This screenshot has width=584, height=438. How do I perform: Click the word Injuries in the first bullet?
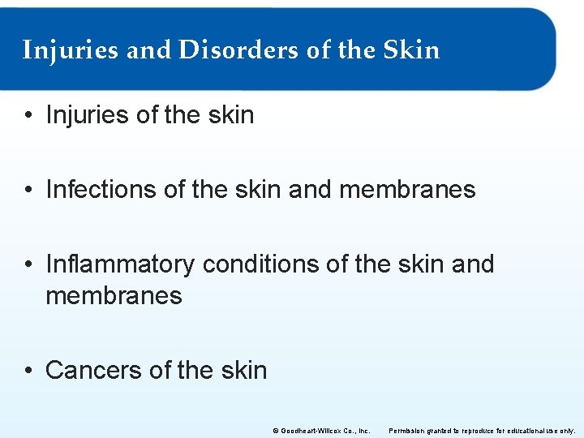point(88,115)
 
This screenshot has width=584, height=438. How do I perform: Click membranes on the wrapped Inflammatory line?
point(114,295)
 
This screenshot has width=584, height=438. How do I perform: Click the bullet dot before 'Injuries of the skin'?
point(29,116)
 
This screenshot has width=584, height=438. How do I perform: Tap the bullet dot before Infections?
point(29,191)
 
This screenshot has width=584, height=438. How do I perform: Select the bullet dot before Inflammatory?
point(29,265)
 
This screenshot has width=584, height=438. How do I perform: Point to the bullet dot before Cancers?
point(29,371)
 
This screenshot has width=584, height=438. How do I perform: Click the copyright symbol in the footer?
point(275,430)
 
